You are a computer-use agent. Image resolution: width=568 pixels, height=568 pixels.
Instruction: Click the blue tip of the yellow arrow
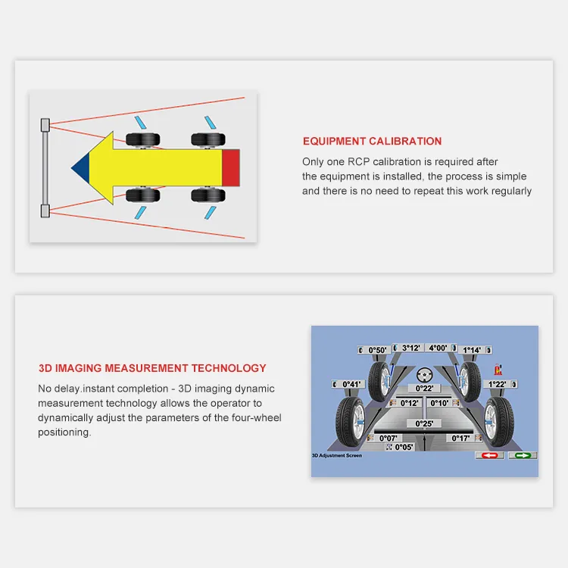pyautogui.click(x=81, y=167)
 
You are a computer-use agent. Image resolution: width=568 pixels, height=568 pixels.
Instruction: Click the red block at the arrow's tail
pyautogui.click(x=231, y=167)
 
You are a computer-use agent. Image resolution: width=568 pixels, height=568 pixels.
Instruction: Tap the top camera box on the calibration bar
pyautogui.click(x=45, y=123)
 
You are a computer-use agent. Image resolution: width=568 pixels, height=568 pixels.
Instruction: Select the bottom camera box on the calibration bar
pyautogui.click(x=45, y=210)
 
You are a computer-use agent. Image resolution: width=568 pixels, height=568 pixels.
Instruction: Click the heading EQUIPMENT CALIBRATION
pyautogui.click(x=372, y=141)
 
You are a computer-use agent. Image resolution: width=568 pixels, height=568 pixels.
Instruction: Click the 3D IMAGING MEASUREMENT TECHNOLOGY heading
pyautogui.click(x=152, y=368)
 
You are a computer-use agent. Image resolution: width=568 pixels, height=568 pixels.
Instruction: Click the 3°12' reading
pyautogui.click(x=411, y=348)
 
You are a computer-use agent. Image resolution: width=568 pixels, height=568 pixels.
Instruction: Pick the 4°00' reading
pyautogui.click(x=438, y=348)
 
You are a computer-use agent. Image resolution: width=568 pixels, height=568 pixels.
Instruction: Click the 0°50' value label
pyautogui.click(x=377, y=350)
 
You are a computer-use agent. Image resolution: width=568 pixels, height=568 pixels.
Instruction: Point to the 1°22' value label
pyautogui.click(x=496, y=384)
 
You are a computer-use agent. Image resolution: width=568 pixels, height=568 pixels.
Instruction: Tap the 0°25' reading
pyautogui.click(x=424, y=423)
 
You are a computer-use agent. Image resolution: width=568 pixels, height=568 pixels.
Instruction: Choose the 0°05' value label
pyautogui.click(x=404, y=447)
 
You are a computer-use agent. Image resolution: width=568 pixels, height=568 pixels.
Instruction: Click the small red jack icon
pyautogui.click(x=498, y=369)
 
